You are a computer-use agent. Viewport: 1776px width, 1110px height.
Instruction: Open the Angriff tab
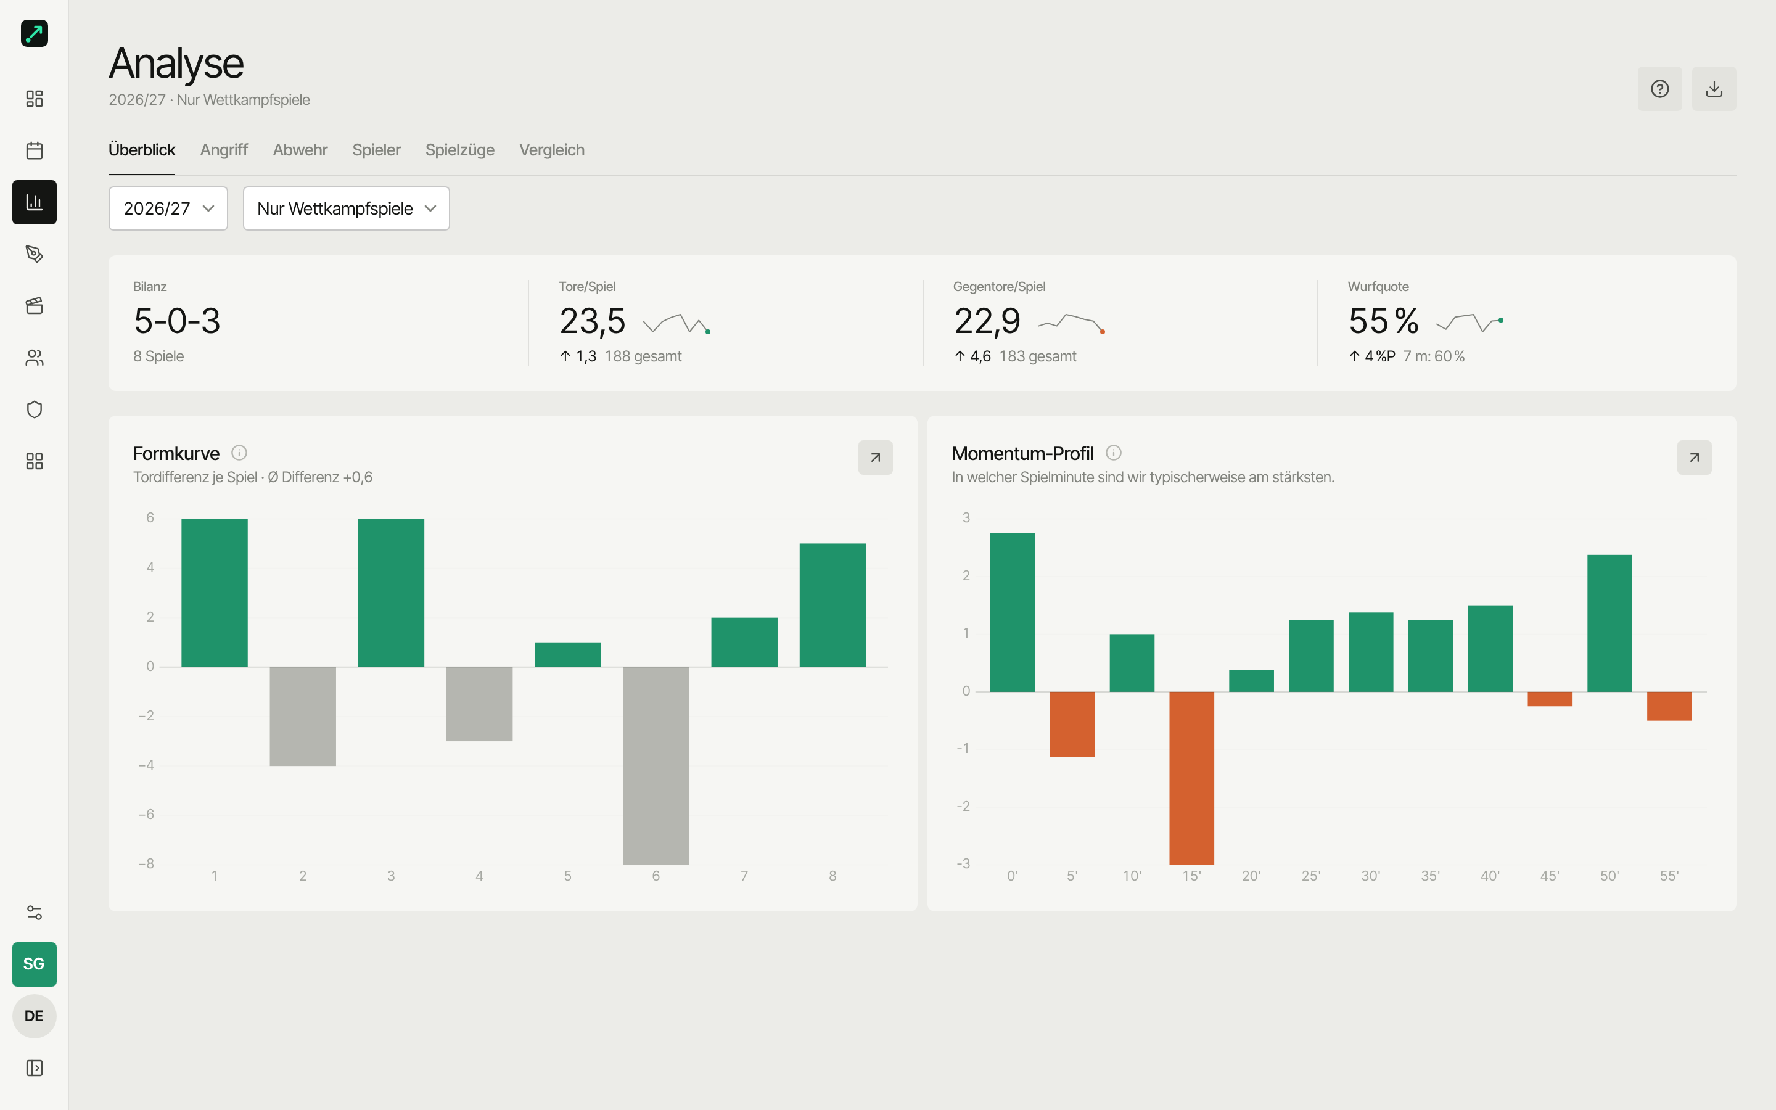tap(224, 150)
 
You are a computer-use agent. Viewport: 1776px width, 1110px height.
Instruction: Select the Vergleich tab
tap(552, 150)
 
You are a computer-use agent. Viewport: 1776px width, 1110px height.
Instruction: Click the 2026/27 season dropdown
tap(168, 208)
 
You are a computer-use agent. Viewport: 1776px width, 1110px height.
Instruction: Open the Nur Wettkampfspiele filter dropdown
tap(347, 208)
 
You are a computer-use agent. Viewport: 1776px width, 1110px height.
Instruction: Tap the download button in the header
tap(1714, 89)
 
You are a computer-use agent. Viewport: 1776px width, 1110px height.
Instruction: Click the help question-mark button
tap(1659, 89)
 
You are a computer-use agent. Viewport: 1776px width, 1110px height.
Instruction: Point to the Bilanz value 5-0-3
tap(177, 321)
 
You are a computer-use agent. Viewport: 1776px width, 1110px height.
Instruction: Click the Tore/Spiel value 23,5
tap(592, 321)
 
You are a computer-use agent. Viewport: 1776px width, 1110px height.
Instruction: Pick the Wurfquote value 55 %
tap(1383, 321)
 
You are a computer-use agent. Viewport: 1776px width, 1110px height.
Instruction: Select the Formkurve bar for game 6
tap(656, 766)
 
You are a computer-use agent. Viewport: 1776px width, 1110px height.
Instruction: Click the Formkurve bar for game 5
tap(567, 655)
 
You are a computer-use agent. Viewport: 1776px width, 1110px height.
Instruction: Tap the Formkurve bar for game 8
tap(832, 605)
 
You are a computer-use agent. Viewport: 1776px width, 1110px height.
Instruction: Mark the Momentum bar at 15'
tap(1191, 778)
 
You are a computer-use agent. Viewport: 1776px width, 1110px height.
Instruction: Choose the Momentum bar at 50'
tap(1609, 623)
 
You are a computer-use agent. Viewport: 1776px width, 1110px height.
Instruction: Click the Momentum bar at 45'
tap(1550, 699)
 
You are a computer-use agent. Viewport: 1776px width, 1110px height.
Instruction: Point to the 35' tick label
tap(1430, 876)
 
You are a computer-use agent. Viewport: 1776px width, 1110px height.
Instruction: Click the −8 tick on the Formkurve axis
tap(147, 863)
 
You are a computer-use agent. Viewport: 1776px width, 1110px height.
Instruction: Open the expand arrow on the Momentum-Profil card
tap(1694, 458)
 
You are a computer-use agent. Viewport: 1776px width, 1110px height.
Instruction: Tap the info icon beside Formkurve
tap(239, 452)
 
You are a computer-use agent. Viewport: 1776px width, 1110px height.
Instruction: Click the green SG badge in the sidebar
tap(35, 964)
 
